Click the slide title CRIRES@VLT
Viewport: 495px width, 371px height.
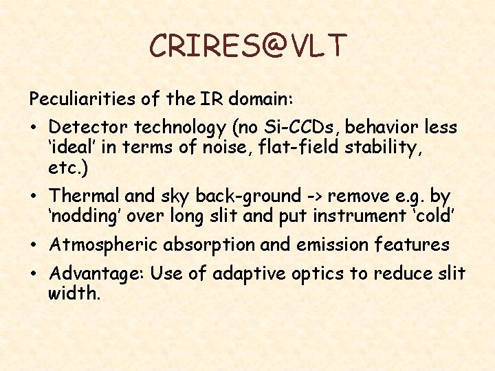248,46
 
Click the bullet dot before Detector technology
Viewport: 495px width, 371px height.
34,128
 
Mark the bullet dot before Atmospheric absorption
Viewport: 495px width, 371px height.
34,245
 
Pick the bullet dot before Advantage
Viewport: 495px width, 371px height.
34,275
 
